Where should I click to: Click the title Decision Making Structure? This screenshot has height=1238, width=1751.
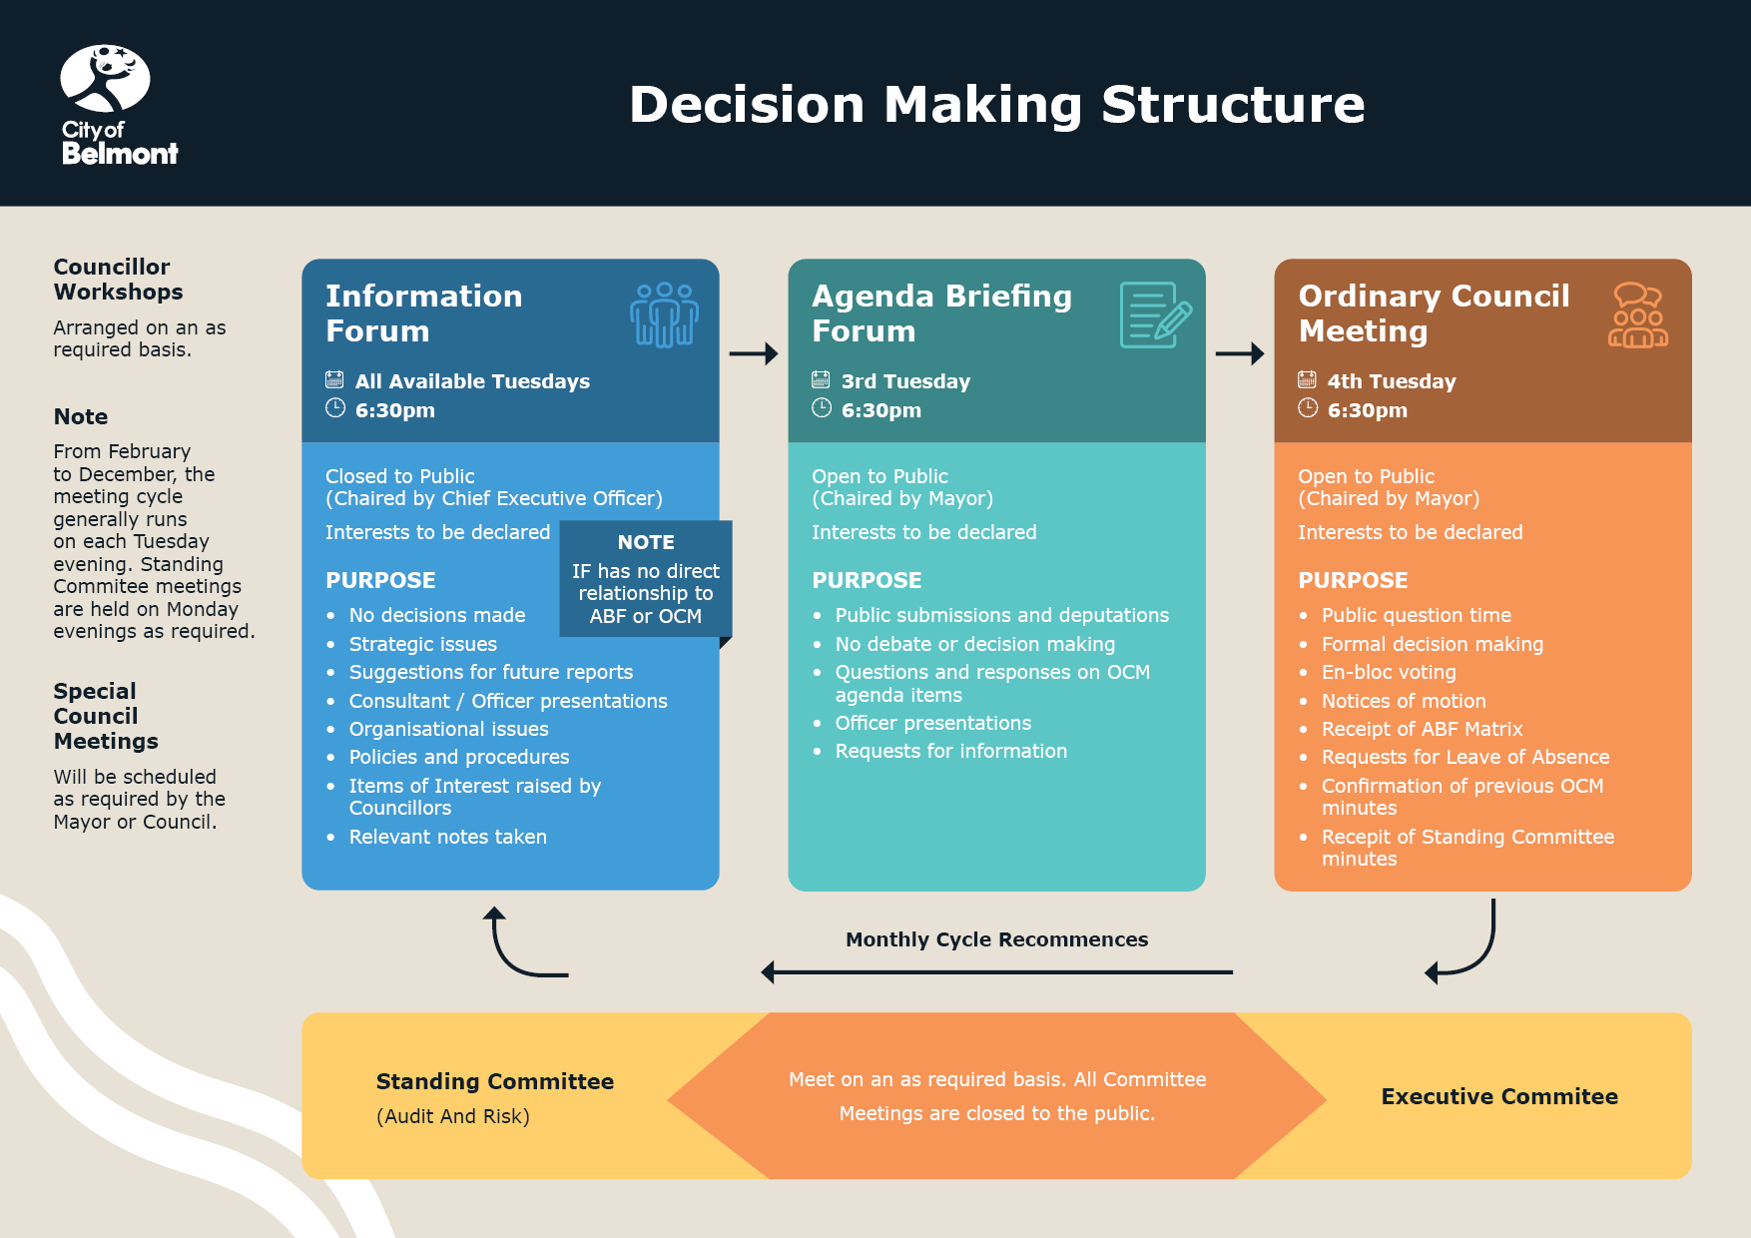996,104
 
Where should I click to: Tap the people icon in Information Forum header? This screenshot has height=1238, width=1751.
664,314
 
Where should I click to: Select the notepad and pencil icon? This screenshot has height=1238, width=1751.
1155,314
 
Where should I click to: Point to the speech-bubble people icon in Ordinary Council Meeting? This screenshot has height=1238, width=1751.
1637,314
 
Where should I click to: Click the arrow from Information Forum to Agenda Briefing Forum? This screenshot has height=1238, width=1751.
753,353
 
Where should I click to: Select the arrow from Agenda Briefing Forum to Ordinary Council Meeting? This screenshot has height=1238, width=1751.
1239,353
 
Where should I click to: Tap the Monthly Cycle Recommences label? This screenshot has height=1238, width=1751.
996,939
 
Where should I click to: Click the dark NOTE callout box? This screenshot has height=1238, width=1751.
646,579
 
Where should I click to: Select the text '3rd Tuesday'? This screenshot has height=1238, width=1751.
905,381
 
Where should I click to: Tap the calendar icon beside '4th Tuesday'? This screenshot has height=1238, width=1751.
1307,379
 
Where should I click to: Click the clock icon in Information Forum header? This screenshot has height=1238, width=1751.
335,408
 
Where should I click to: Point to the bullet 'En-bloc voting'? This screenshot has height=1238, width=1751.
1389,672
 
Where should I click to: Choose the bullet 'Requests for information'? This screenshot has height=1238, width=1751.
950,751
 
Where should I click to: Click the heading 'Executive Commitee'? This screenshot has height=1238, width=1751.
1498,1096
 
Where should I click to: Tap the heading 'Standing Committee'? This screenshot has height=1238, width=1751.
494,1081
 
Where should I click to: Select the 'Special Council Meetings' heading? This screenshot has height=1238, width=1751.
106,716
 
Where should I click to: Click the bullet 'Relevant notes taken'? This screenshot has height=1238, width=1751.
447,837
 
